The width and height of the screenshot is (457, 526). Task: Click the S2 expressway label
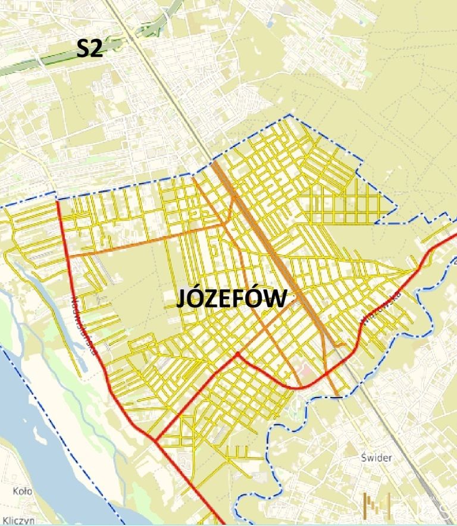(90, 49)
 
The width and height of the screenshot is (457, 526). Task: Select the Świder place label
(376, 458)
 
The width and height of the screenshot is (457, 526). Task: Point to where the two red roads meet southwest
(154, 440)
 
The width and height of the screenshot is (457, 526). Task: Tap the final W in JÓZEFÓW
(275, 299)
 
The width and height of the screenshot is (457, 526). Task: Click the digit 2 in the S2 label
(96, 49)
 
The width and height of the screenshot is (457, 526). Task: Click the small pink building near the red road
(307, 371)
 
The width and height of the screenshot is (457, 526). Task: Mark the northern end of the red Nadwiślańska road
(58, 203)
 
